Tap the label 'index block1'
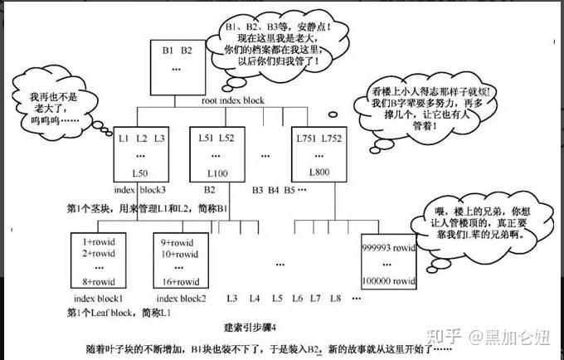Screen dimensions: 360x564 98,298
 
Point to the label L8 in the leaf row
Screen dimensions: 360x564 336,298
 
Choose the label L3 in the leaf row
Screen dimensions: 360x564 232,298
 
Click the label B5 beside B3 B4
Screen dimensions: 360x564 289,190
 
